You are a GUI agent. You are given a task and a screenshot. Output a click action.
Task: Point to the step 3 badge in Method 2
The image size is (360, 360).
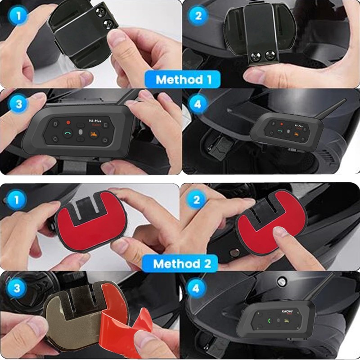pos(16,288)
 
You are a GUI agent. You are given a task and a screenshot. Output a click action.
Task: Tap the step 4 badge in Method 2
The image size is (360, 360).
pos(197,288)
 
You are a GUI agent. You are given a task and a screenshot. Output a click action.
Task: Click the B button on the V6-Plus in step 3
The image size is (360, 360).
pos(56,122)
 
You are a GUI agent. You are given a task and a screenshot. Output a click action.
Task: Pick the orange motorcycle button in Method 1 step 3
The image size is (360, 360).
pos(94,134)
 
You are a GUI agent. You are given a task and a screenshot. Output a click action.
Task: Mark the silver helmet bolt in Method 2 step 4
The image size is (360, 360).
pos(282,282)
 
